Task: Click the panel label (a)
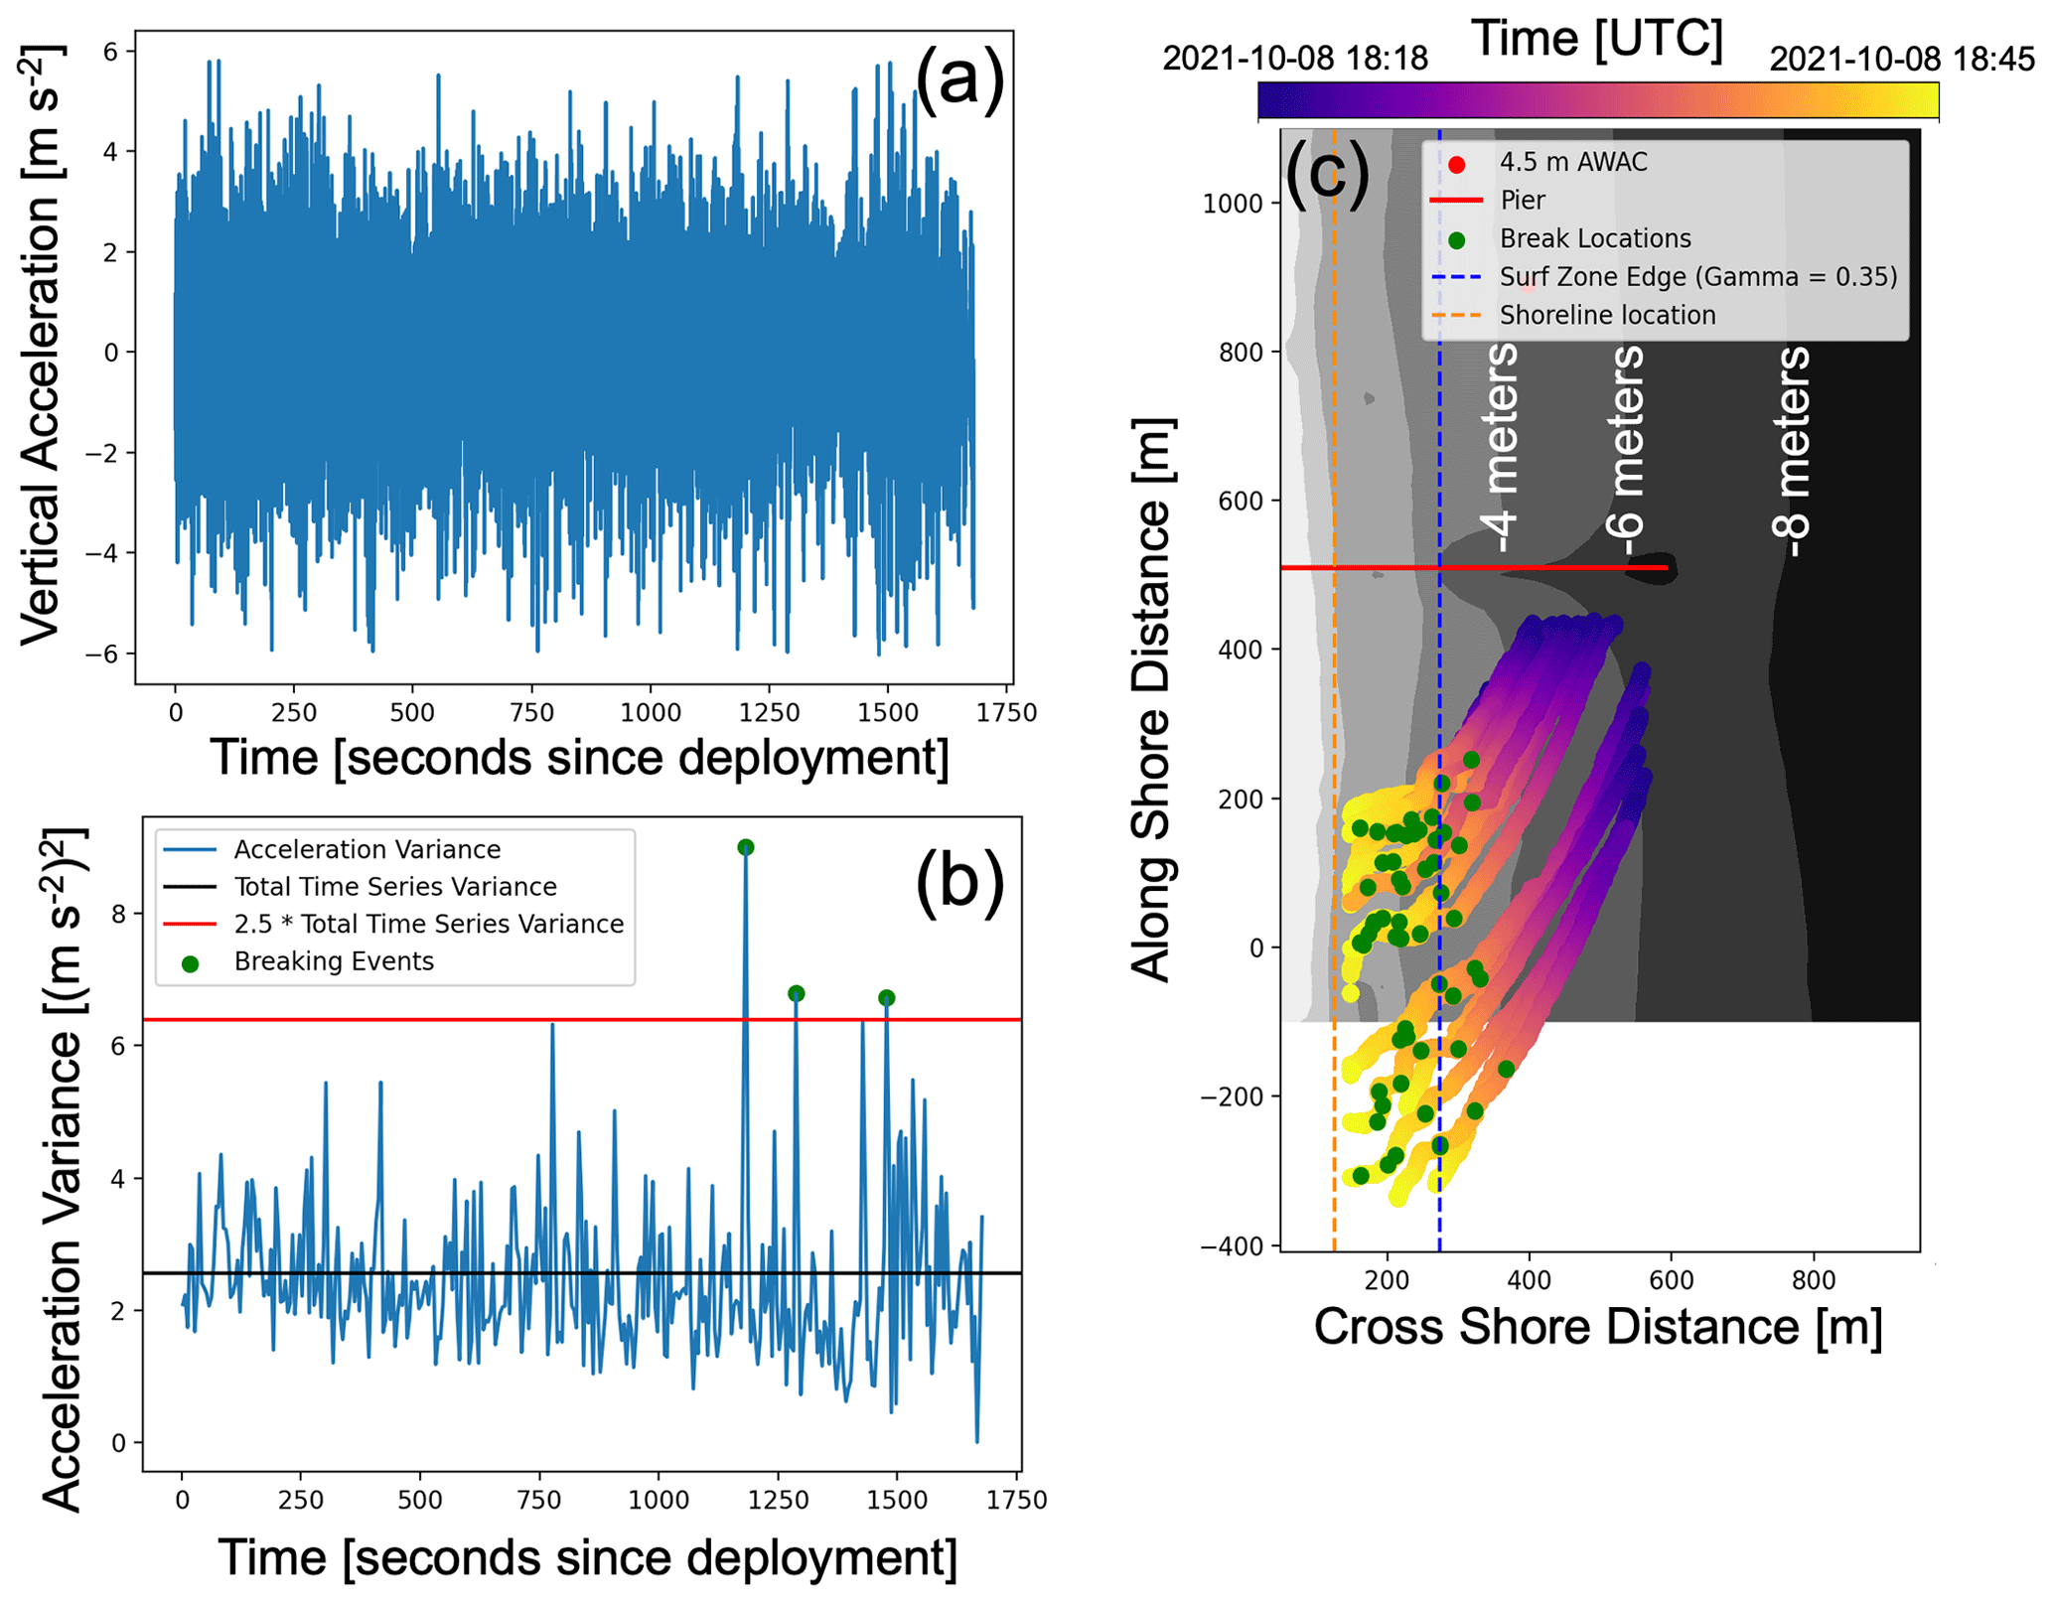(958, 79)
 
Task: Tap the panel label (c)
(1327, 171)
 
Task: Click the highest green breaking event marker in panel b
(746, 847)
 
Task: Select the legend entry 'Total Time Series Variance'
(394, 887)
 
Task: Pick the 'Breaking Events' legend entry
(334, 961)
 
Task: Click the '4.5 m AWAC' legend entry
(1572, 162)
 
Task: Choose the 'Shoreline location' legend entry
(1607, 315)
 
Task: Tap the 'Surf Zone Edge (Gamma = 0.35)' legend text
(1697, 276)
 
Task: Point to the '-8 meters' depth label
(1791, 452)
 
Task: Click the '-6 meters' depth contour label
(1626, 452)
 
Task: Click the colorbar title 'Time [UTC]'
(1597, 38)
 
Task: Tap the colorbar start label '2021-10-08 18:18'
(1295, 59)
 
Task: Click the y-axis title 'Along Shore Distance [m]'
(1153, 700)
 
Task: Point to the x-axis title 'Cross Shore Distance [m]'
(1597, 1327)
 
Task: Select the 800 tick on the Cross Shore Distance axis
(1814, 1280)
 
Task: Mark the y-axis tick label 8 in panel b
(119, 914)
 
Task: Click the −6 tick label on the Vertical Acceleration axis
(101, 654)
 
